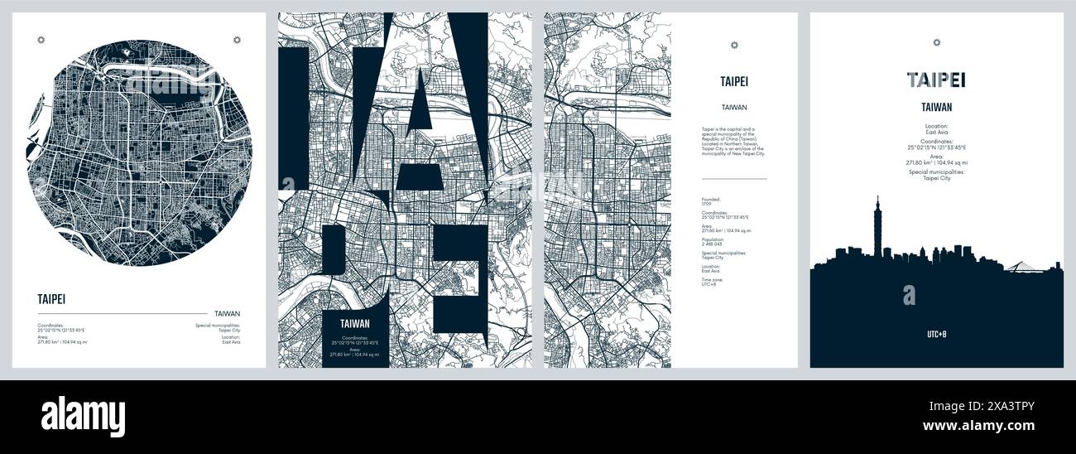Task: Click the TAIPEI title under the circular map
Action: click(51, 299)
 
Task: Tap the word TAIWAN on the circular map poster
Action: click(227, 313)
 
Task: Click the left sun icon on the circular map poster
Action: click(42, 39)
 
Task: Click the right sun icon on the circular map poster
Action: click(237, 39)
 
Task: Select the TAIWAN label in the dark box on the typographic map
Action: click(354, 324)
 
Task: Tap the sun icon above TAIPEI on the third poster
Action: click(733, 45)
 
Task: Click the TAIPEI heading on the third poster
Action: click(733, 81)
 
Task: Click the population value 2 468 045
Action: click(713, 244)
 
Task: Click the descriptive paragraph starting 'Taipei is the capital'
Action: click(733, 141)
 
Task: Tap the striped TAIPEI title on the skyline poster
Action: click(936, 80)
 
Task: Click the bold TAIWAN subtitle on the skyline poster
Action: click(936, 107)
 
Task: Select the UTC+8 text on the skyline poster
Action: click(936, 335)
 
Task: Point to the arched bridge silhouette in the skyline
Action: click(1020, 265)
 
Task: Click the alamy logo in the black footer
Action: click(83, 415)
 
